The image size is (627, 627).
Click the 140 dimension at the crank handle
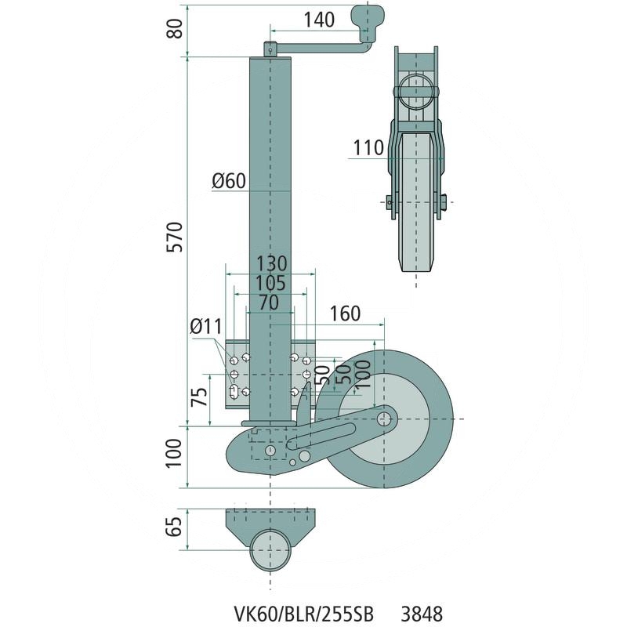[318, 19]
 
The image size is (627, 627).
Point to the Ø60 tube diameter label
[229, 182]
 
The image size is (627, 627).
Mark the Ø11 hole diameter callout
[207, 325]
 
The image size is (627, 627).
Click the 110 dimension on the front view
[368, 147]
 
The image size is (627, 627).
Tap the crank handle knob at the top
[370, 17]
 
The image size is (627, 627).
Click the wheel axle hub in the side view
[384, 419]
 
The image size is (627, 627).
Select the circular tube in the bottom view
[270, 548]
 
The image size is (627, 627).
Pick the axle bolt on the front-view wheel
[390, 202]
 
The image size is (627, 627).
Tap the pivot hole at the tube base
[270, 451]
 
